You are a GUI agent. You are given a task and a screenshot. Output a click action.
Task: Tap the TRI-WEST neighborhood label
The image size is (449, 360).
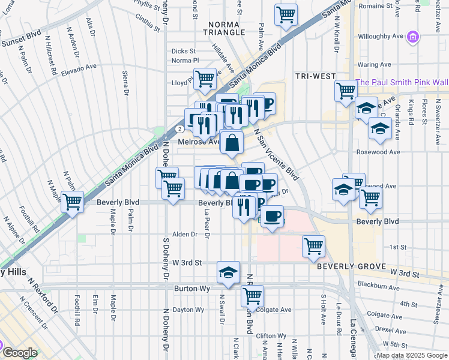(x=315, y=76)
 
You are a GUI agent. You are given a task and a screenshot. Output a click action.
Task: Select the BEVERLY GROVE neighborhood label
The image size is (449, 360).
(x=350, y=265)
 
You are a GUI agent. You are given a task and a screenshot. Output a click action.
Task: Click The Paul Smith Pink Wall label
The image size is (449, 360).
(x=402, y=82)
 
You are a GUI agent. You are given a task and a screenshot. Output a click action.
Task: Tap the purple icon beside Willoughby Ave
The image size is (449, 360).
(x=412, y=37)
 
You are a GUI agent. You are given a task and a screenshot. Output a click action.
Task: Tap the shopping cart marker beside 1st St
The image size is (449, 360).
(x=313, y=245)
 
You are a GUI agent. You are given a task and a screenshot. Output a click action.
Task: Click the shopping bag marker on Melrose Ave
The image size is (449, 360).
(x=232, y=143)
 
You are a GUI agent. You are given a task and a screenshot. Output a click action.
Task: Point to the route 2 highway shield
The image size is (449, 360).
(x=179, y=128)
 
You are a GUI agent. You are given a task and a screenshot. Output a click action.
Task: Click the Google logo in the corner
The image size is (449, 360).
(x=19, y=352)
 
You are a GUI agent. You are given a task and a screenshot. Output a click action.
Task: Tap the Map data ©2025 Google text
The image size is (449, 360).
(x=412, y=355)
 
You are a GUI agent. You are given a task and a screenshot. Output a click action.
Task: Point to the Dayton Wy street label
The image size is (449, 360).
(x=188, y=310)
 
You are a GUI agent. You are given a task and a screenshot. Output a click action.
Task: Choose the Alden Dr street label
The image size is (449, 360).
(x=185, y=235)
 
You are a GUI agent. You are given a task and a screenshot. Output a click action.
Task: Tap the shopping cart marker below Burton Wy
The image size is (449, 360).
(x=253, y=295)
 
